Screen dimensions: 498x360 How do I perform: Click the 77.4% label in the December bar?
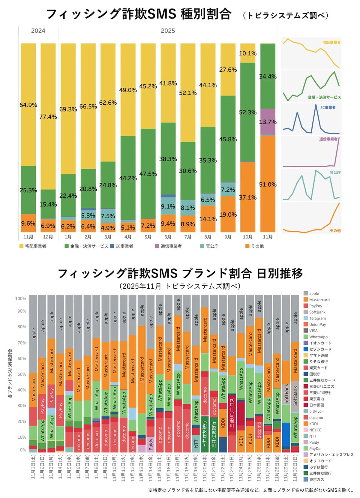[x=48, y=117]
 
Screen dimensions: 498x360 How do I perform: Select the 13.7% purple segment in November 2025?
[x=268, y=122]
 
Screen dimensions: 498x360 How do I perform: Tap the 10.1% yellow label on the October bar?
[x=248, y=53]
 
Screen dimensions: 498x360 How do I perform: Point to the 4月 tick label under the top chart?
[x=128, y=237]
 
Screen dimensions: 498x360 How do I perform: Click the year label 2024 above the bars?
[x=38, y=31]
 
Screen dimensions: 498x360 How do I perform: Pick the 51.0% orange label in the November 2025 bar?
[x=268, y=184]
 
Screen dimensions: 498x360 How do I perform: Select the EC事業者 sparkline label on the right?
[x=328, y=107]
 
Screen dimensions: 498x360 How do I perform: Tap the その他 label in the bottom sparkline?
[x=335, y=230]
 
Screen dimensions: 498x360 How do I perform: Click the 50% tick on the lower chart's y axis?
[x=21, y=374]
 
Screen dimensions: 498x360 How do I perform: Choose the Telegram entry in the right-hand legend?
[x=317, y=318]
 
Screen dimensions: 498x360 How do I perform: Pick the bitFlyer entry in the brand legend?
[x=316, y=411]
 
